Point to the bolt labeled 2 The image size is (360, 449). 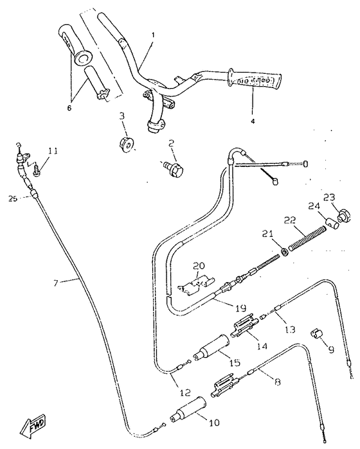(175, 167)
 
